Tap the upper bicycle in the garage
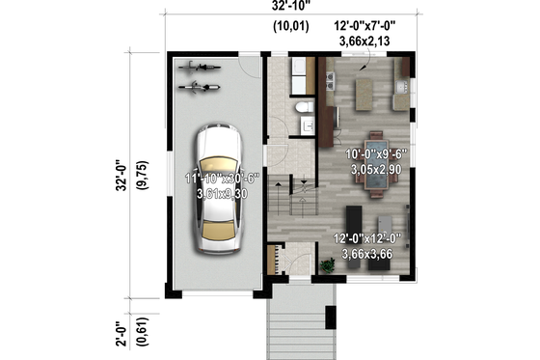[201, 68]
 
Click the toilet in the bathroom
[302, 106]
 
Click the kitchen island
[365, 94]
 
